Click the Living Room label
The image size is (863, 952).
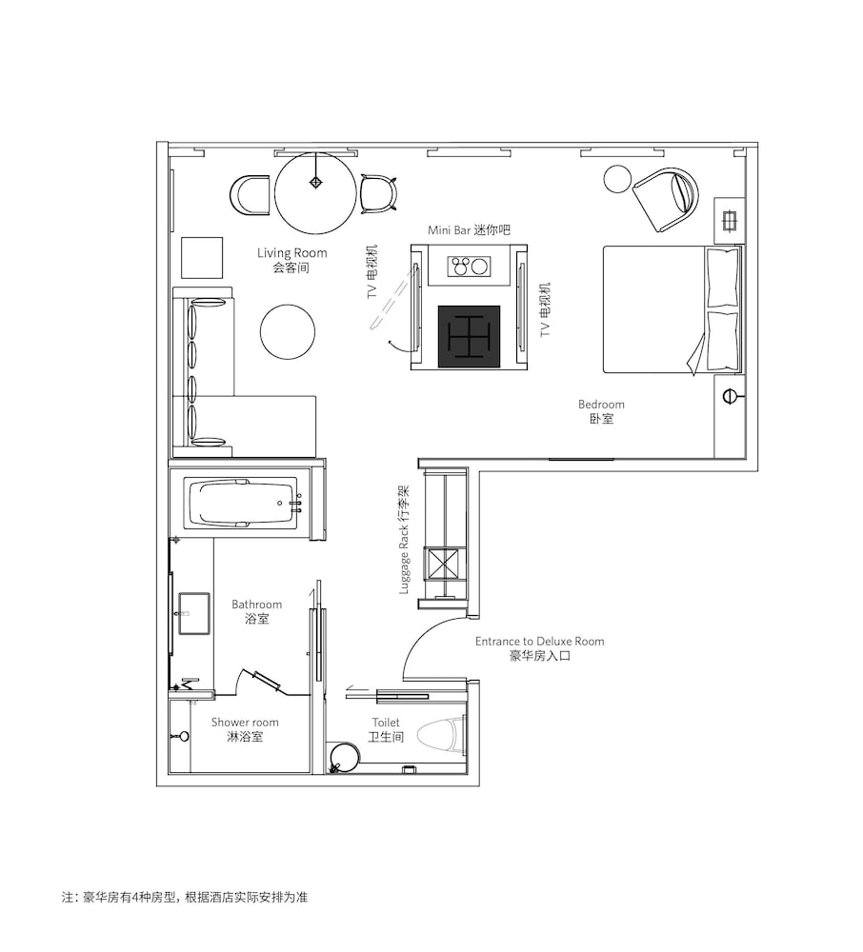(291, 260)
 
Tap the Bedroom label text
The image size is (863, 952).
(601, 411)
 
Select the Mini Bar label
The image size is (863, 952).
(469, 230)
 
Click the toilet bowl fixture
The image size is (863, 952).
(439, 736)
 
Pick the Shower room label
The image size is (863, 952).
(245, 729)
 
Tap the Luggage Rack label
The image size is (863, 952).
(404, 540)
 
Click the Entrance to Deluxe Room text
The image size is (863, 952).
(539, 647)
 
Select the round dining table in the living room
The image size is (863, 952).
(316, 193)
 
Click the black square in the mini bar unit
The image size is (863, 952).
(470, 337)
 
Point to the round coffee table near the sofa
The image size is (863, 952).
(288, 332)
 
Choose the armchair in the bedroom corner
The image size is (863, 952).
(667, 200)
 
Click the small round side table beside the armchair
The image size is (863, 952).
(617, 179)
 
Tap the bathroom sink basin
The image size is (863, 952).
(194, 614)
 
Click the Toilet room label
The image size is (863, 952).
(387, 729)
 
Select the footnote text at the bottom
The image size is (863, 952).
(185, 897)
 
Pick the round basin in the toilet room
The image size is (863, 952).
(345, 757)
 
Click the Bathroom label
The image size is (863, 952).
(257, 611)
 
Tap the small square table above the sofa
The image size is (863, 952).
(202, 258)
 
